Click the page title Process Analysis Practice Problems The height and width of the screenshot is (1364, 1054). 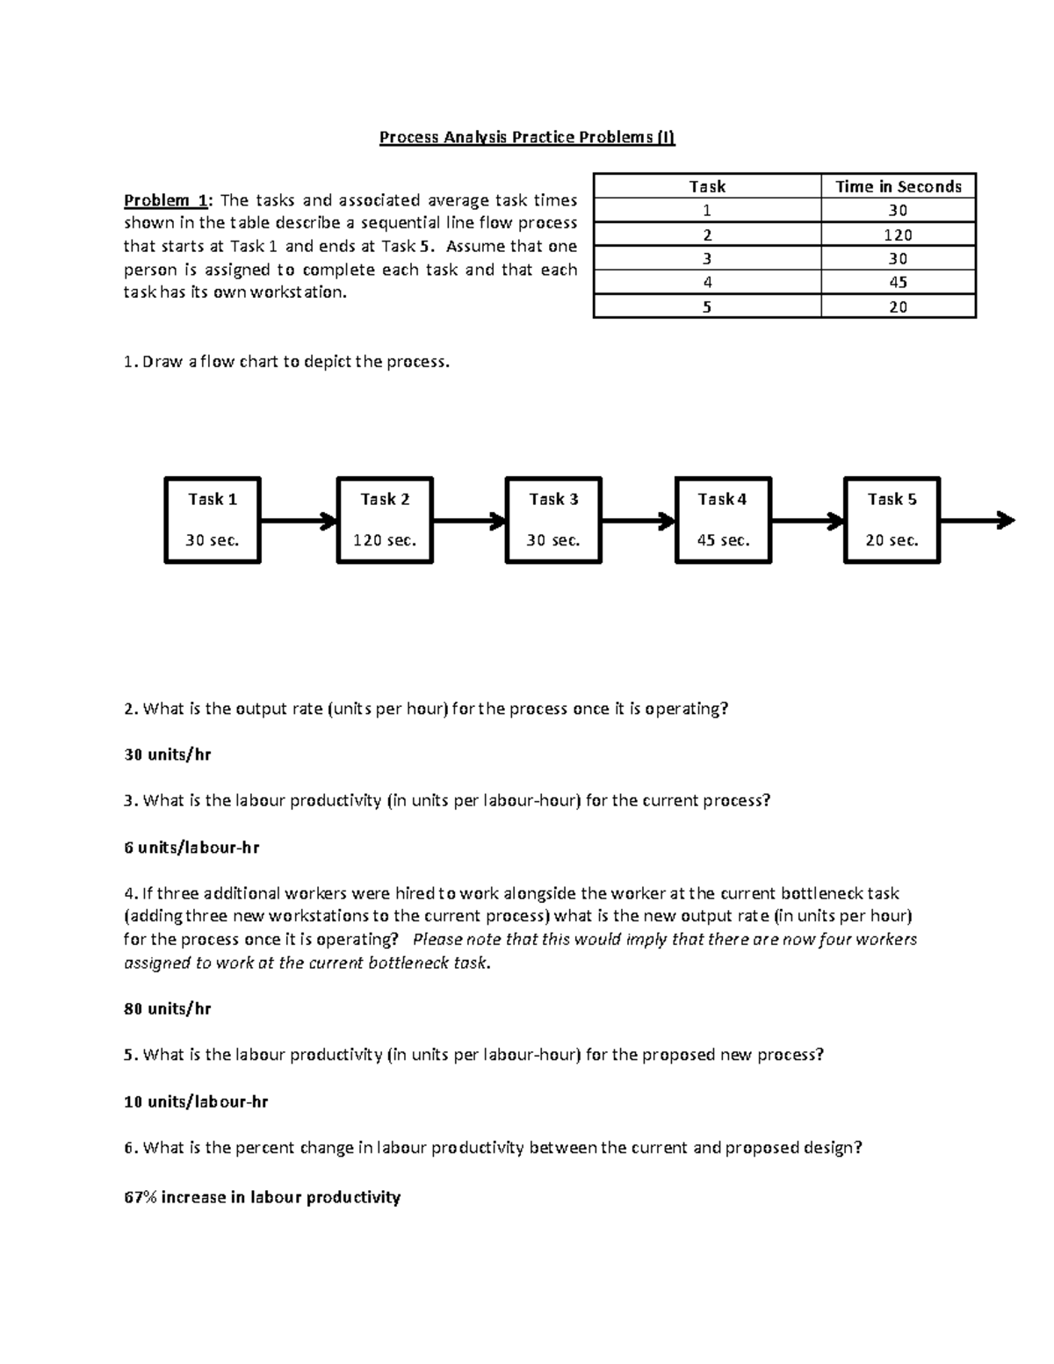[x=527, y=138]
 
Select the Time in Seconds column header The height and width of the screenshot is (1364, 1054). [x=898, y=186]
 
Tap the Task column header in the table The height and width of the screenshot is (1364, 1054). [x=707, y=186]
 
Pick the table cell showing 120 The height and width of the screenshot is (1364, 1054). [x=898, y=235]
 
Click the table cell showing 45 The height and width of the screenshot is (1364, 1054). [x=898, y=282]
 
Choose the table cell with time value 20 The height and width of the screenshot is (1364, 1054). [x=898, y=307]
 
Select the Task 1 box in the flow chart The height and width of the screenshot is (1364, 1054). [x=213, y=520]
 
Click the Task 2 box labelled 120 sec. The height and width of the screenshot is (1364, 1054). [x=385, y=520]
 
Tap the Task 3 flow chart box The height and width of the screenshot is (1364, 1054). [x=553, y=520]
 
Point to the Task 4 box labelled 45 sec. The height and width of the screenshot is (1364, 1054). [x=723, y=520]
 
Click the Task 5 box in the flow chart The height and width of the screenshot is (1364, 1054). [x=892, y=520]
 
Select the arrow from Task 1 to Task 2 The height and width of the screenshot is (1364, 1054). [x=299, y=521]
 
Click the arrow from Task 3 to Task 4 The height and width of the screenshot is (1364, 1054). [x=638, y=521]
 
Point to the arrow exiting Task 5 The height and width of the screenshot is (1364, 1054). [x=977, y=521]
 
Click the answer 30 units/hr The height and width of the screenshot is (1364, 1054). [x=168, y=754]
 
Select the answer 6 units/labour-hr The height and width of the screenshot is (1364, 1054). [x=191, y=848]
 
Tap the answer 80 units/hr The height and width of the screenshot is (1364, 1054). [x=168, y=1008]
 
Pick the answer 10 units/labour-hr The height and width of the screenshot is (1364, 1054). [x=196, y=1101]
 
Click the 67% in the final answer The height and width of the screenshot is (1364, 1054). [x=141, y=1197]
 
